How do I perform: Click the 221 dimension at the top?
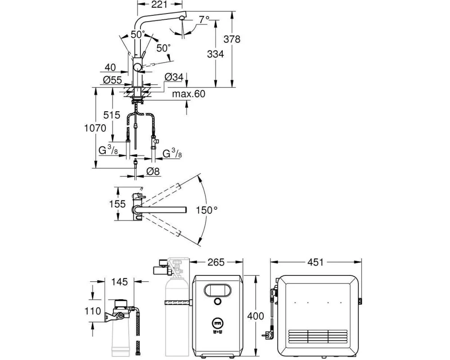(159, 4)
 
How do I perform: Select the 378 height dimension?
(232, 39)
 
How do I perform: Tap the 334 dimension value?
(215, 54)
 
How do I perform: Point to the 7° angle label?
(204, 19)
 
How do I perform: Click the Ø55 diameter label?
(112, 80)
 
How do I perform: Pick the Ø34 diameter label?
(174, 77)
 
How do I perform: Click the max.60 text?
(189, 94)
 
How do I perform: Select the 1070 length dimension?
(95, 128)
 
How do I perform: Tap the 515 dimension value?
(112, 115)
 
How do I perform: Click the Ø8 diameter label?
(153, 171)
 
